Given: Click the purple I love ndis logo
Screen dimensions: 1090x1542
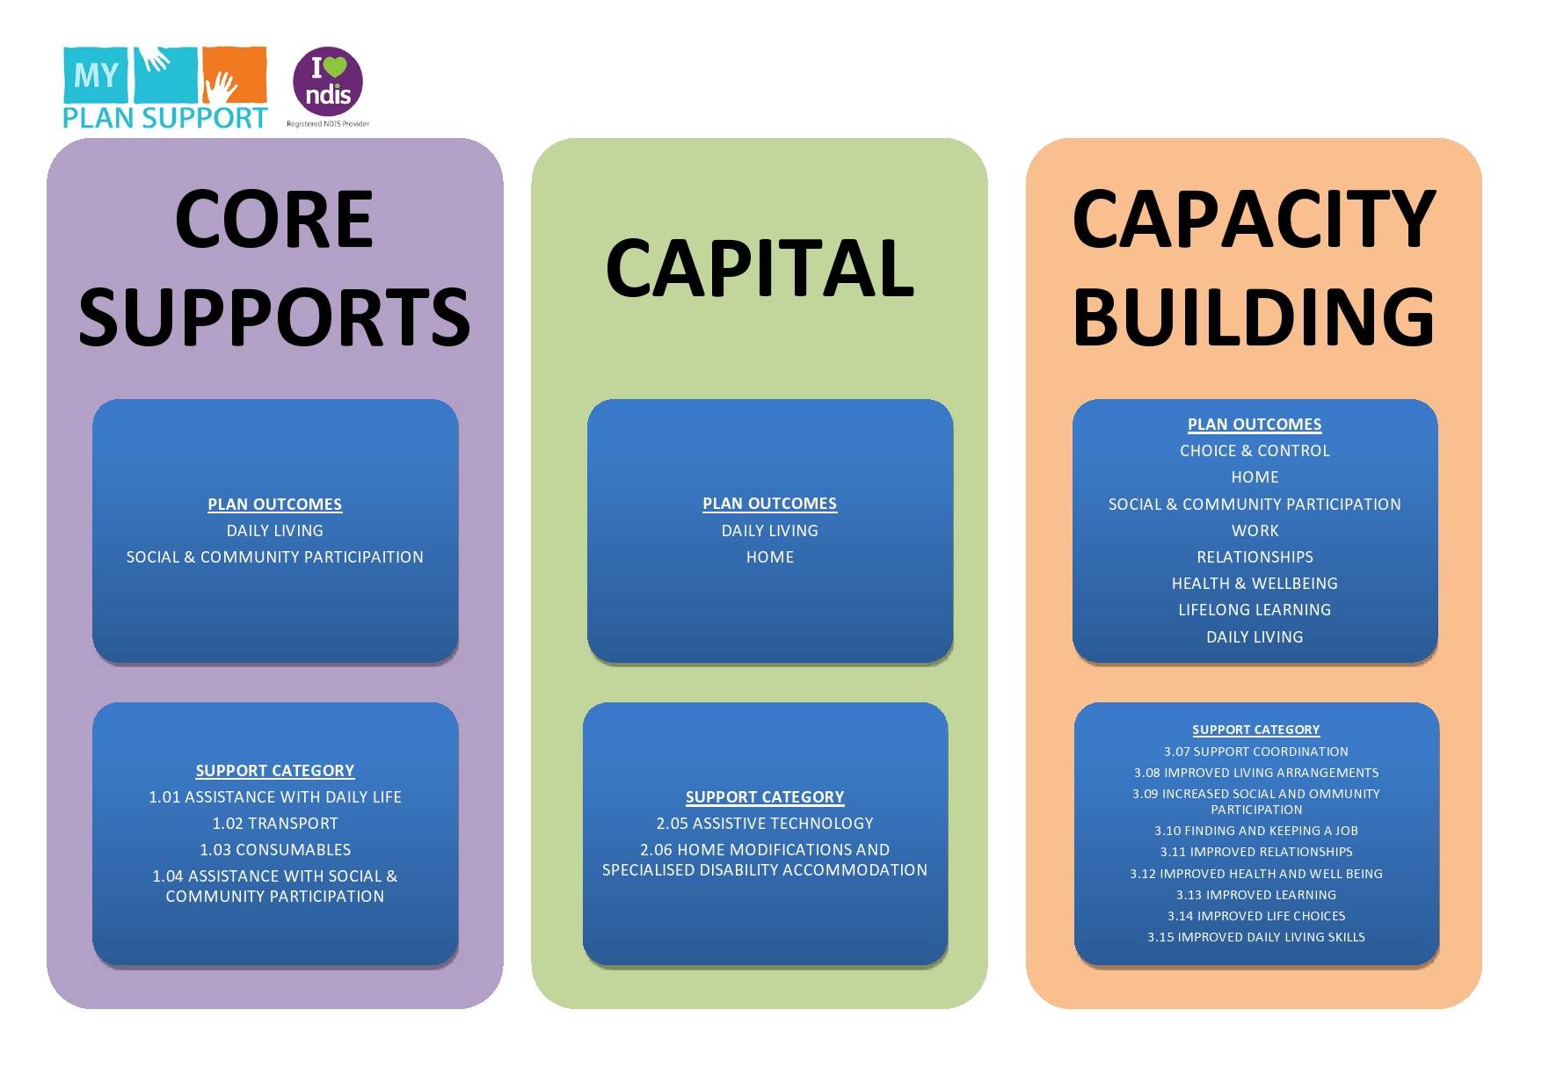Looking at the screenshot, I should [328, 82].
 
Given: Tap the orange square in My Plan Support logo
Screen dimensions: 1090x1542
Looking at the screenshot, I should [235, 75].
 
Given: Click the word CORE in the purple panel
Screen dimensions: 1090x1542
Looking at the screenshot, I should [274, 220].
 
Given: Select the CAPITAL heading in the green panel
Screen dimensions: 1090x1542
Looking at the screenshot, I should [760, 269].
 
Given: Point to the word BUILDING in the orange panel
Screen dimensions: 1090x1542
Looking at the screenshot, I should [1254, 317].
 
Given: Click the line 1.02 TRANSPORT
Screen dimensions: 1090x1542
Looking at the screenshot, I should [275, 824].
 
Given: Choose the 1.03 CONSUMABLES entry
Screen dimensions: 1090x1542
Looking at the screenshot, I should [275, 850].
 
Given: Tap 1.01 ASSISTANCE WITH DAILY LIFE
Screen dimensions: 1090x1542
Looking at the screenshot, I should [275, 797].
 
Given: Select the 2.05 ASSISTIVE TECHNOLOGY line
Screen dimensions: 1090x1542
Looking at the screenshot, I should [765, 824].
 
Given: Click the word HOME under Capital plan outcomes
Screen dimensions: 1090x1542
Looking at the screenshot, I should [770, 557].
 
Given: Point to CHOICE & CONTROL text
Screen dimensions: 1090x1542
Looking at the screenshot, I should [1255, 451].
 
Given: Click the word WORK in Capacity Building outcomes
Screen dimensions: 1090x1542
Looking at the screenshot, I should [1255, 531].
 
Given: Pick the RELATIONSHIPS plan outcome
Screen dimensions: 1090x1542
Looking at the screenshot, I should [1255, 557].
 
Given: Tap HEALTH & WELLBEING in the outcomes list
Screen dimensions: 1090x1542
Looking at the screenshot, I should [1255, 584].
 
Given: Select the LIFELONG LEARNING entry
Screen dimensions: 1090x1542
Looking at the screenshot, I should [1255, 610].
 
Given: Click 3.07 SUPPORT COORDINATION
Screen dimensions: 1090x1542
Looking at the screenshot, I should [1256, 752].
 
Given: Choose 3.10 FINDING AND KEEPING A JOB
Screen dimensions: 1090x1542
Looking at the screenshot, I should [1256, 831].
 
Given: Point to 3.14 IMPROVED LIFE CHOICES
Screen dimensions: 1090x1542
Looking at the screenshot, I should [1256, 916].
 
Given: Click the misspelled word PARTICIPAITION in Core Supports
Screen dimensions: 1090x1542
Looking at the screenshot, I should [363, 557].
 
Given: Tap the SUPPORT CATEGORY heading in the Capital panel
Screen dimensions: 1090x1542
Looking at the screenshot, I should [765, 797].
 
